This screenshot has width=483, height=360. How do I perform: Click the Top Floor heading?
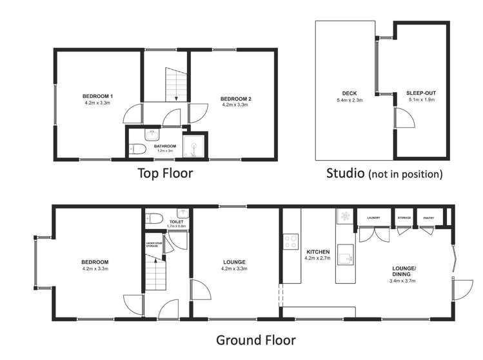(164, 173)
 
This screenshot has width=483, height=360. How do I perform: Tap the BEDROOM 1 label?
(98, 96)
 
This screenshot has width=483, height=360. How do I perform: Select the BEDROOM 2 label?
(236, 99)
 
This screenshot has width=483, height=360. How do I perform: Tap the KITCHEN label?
(318, 252)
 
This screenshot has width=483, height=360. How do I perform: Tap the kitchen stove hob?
(288, 243)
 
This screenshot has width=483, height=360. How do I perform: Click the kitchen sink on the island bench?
(348, 254)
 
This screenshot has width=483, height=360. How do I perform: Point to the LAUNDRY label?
(373, 218)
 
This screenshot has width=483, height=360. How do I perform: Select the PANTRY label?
(429, 218)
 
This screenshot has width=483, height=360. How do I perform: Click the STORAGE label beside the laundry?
(404, 218)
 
